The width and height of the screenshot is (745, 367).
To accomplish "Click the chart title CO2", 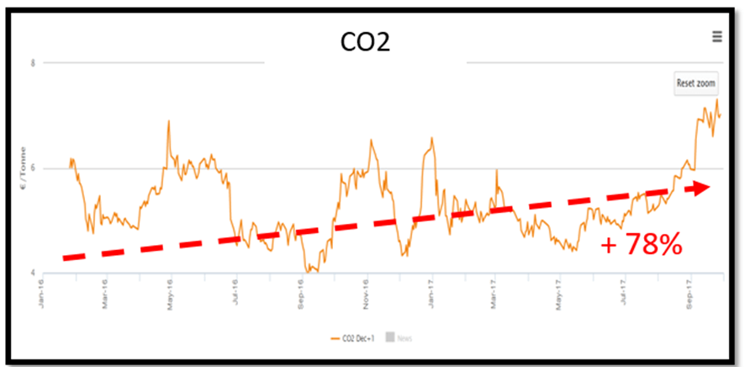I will (365, 43).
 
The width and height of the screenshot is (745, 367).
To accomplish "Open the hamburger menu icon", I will (716, 36).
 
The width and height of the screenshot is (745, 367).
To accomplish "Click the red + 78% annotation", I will (641, 247).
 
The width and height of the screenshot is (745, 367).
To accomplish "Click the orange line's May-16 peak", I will (168, 121).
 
